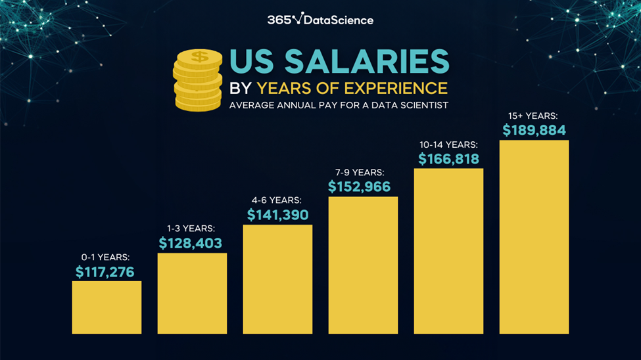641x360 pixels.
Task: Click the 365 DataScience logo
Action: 320,19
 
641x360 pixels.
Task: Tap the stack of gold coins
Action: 198,80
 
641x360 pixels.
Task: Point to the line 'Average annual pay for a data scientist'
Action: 339,105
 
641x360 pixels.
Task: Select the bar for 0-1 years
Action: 107,307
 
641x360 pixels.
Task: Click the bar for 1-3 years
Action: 192,293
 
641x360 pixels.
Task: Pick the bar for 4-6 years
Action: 277,279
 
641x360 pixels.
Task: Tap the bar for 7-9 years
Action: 363,265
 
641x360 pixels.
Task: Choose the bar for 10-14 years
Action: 448,251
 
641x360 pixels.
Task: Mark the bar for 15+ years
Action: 534,236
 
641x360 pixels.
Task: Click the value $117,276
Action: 105,271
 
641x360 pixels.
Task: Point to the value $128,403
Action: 191,243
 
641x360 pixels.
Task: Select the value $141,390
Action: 277,215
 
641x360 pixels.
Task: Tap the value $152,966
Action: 360,187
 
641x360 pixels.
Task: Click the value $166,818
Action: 449,158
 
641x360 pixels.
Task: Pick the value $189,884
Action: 534,130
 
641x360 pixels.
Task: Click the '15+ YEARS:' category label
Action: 533,116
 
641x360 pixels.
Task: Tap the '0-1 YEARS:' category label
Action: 105,257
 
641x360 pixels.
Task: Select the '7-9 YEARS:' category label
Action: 360,172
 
